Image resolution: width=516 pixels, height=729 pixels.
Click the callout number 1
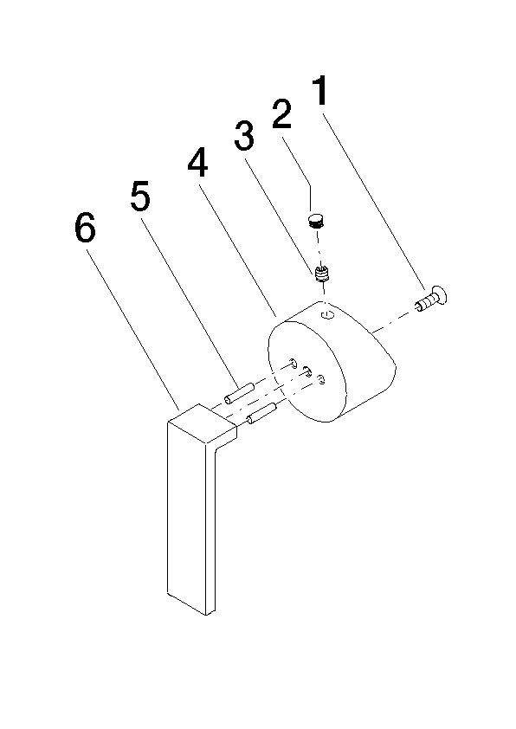click(320, 91)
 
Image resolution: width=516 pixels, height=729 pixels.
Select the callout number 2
click(282, 115)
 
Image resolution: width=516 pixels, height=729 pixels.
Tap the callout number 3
click(244, 136)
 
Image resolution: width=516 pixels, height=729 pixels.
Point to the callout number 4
click(198, 164)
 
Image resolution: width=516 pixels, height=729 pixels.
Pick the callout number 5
click(140, 197)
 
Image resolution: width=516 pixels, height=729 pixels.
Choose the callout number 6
click(84, 229)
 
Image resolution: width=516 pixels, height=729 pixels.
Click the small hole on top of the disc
click(326, 315)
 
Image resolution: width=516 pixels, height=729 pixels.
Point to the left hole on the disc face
click(295, 364)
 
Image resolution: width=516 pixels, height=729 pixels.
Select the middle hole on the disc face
click(307, 371)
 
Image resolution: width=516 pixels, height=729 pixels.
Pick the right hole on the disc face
click(321, 378)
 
